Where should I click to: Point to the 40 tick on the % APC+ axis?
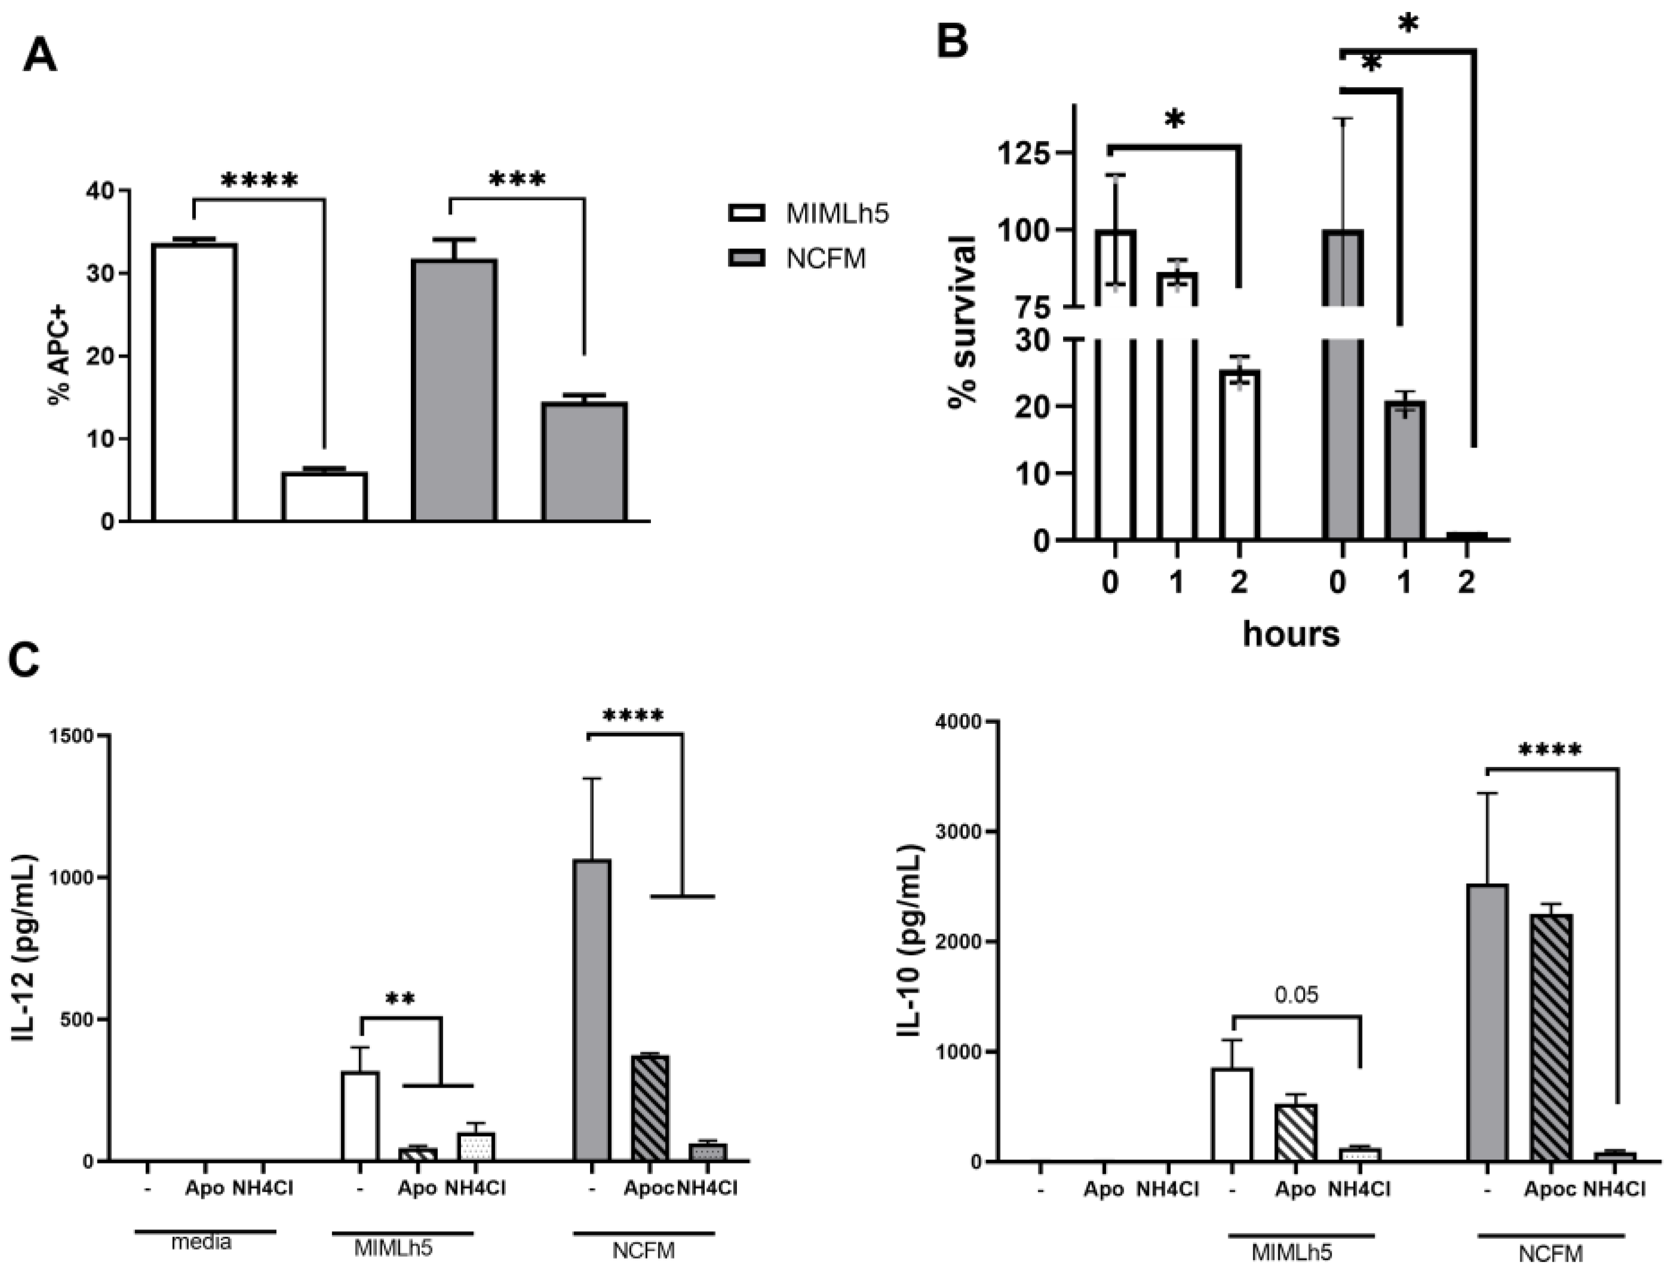pos(101,191)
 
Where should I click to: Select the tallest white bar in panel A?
pos(194,382)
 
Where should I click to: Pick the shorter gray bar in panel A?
pos(584,462)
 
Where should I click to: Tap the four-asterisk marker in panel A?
pos(259,180)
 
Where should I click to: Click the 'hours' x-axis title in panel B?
pos(1291,633)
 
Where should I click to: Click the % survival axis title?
pos(963,323)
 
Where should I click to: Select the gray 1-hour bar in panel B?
pos(1404,470)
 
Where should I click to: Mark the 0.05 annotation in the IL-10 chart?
pos(1297,994)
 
